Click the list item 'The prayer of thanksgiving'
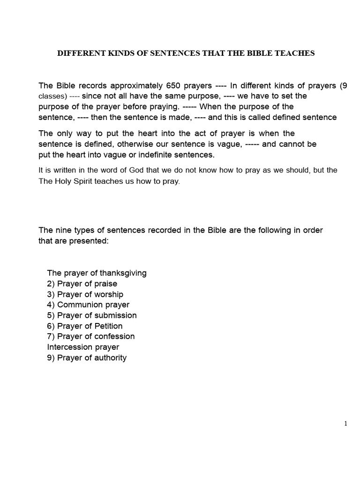tap(97, 273)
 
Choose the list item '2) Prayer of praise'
tap(82, 284)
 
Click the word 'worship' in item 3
tap(109, 294)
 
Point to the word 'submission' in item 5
tap(116, 315)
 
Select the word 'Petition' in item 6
tap(108, 326)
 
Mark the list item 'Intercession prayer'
tap(83, 347)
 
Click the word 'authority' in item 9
tap(110, 358)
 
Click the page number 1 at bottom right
tap(346, 424)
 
